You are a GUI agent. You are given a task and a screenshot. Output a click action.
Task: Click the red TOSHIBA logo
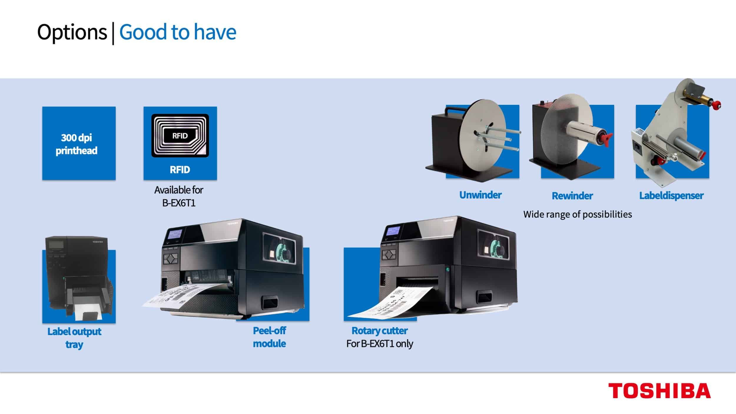click(x=659, y=391)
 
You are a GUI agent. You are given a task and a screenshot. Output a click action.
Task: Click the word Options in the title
click(x=72, y=32)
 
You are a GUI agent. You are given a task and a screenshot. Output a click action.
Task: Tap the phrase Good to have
click(x=178, y=32)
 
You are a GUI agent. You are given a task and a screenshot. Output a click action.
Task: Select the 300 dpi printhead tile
click(x=79, y=143)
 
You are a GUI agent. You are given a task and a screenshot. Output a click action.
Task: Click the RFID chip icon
click(x=180, y=136)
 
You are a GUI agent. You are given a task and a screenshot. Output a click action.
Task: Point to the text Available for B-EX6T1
click(x=179, y=196)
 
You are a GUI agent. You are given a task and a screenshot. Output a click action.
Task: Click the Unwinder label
click(x=480, y=195)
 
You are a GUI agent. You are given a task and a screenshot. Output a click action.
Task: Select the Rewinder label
click(x=572, y=196)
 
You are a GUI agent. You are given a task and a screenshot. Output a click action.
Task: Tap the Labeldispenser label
click(x=671, y=196)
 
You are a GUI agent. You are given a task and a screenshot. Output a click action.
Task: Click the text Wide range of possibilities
click(x=577, y=214)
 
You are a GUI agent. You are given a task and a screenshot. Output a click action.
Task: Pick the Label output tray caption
click(x=74, y=338)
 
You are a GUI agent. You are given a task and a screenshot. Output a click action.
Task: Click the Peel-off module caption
click(x=269, y=337)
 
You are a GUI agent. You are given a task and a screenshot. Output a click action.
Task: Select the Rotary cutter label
click(x=379, y=331)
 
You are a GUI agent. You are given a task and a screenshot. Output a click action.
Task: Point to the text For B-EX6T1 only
click(x=379, y=344)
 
